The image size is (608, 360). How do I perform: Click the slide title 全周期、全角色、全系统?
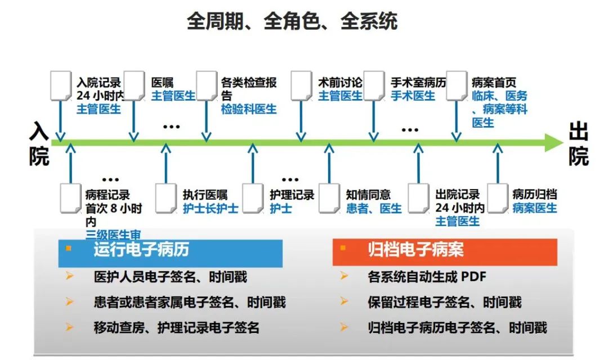292,21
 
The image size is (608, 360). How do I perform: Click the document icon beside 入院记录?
61,85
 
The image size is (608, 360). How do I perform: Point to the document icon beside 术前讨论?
302,85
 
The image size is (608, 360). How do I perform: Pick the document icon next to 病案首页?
457,85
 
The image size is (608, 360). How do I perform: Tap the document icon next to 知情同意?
329,198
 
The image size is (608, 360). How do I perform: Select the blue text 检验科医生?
249,109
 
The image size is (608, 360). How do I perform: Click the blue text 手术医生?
413,96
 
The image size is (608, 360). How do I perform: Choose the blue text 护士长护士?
211,208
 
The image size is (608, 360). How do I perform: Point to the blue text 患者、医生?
374,208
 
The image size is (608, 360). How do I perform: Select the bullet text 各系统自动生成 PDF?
426,277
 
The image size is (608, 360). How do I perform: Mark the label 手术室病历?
418,83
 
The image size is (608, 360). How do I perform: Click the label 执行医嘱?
205,195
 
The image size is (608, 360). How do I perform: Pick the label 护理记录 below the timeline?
292,195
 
